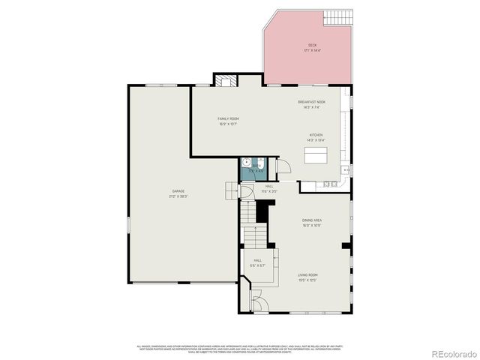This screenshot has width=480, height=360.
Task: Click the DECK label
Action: (310, 45)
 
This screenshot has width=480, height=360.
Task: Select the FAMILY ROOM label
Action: (228, 118)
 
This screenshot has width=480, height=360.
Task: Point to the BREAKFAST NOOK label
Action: (310, 102)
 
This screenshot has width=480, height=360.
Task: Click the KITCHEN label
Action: (315, 135)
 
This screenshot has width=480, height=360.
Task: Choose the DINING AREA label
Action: (311, 220)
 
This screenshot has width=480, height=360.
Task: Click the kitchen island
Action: (316, 155)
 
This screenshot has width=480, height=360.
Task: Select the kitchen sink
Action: (346, 170)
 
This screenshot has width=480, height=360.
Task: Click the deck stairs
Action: (338, 17)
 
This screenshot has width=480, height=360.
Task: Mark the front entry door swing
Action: (256, 304)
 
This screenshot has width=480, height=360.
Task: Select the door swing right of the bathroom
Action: (283, 166)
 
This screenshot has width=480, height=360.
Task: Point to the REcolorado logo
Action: (451, 352)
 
